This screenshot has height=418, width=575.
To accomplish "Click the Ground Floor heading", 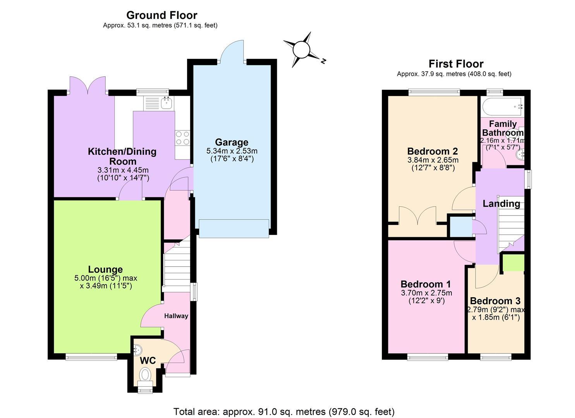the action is click(162, 15).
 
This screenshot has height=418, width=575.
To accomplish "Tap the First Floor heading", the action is click(456, 63).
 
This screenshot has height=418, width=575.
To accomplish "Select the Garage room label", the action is click(232, 142).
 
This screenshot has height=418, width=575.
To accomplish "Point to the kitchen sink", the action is click(167, 103).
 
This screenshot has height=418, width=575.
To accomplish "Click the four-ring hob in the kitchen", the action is click(182, 138).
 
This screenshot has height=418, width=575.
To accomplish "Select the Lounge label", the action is click(105, 269).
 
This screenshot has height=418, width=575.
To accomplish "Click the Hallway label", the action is click(176, 316).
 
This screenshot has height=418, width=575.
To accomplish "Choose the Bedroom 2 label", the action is click(433, 151).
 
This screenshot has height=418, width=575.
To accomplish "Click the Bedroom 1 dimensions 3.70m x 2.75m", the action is click(427, 293).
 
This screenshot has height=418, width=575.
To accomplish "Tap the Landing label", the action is click(501, 204).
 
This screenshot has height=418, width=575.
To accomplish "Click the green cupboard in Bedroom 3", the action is click(513, 263).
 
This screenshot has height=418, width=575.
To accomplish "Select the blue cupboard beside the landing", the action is click(461, 227).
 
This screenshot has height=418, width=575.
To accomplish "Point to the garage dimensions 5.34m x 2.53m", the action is click(232, 151).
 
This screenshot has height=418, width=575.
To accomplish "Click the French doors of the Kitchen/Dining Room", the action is click(88, 86).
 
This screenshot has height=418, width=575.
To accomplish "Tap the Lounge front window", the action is click(91, 357).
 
